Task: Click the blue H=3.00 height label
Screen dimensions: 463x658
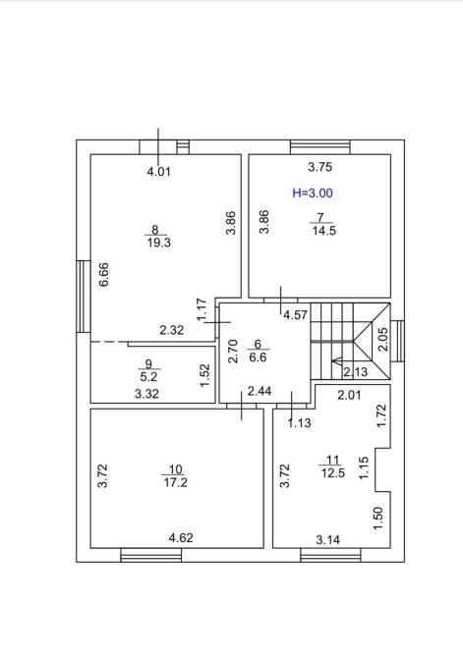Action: (313, 193)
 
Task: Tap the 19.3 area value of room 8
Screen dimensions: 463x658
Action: (159, 243)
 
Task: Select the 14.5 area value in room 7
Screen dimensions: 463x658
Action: (324, 231)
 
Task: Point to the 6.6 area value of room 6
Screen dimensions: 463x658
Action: (258, 357)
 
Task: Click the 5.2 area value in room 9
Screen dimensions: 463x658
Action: (148, 376)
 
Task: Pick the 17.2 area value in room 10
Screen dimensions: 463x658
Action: (176, 482)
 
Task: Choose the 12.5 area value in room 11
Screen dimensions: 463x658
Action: (333, 473)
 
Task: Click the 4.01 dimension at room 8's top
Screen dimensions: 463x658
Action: (159, 172)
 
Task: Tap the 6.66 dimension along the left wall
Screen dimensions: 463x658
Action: (104, 274)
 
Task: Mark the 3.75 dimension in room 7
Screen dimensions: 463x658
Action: (320, 167)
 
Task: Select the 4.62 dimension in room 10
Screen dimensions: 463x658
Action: (181, 537)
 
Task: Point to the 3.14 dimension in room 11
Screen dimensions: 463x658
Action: (327, 540)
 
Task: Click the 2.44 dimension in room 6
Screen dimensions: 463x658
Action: (260, 391)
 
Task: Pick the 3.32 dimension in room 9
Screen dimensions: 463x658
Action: (146, 394)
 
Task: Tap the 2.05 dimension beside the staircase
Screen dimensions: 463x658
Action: (383, 339)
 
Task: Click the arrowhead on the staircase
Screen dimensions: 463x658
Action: (336, 360)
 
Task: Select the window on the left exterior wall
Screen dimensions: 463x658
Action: (84, 297)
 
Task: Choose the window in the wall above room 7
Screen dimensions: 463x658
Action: (320, 147)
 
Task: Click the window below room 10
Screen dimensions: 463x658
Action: (150, 555)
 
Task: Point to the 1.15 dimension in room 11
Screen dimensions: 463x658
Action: (364, 467)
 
